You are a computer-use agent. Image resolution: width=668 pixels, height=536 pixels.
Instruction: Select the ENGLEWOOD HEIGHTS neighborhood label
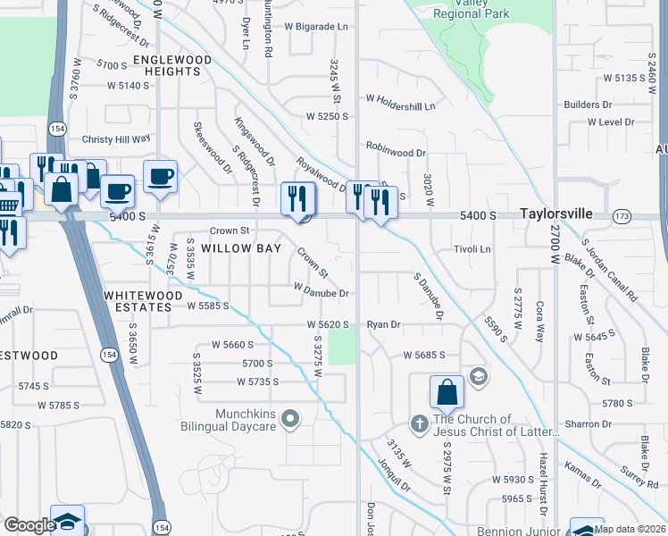pos(172,64)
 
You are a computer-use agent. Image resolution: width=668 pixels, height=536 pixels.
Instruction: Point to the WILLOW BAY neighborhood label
pos(234,247)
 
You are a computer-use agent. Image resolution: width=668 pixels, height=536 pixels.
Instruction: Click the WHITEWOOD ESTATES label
pos(138,300)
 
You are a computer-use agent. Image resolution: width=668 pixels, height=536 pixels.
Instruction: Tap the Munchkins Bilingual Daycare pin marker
pos(289,418)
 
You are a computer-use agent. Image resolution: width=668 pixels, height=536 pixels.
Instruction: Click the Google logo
pos(29,525)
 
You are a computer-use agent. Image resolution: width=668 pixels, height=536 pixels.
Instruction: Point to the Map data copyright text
pos(629,529)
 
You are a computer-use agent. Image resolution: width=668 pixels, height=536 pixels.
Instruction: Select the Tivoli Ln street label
pos(472,249)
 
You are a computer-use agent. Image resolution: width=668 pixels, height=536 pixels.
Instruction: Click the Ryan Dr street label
pos(383,325)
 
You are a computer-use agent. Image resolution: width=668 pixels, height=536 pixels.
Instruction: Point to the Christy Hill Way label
pos(116,139)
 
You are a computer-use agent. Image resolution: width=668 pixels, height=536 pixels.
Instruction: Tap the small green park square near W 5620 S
pos(341,347)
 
